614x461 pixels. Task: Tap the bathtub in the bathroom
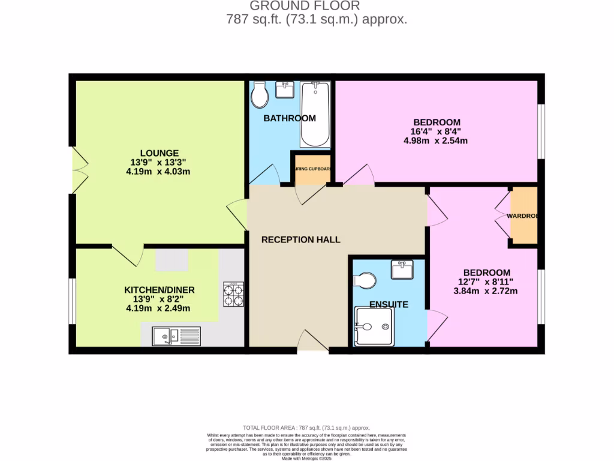point(315,115)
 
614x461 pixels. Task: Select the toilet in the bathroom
point(260,95)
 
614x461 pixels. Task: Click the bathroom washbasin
point(284,90)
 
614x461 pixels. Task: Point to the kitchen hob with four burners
point(233,294)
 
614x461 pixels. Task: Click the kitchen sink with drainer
point(176,336)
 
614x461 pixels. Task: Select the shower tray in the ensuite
point(374,327)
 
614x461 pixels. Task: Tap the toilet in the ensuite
point(365,280)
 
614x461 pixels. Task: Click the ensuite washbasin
point(402,270)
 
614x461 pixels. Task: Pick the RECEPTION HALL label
point(300,240)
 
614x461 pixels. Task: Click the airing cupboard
point(312,169)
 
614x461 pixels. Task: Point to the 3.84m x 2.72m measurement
point(486,291)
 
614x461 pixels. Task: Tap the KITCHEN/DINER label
point(159,289)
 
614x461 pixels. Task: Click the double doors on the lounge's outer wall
point(79,170)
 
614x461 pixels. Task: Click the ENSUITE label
point(388,304)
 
